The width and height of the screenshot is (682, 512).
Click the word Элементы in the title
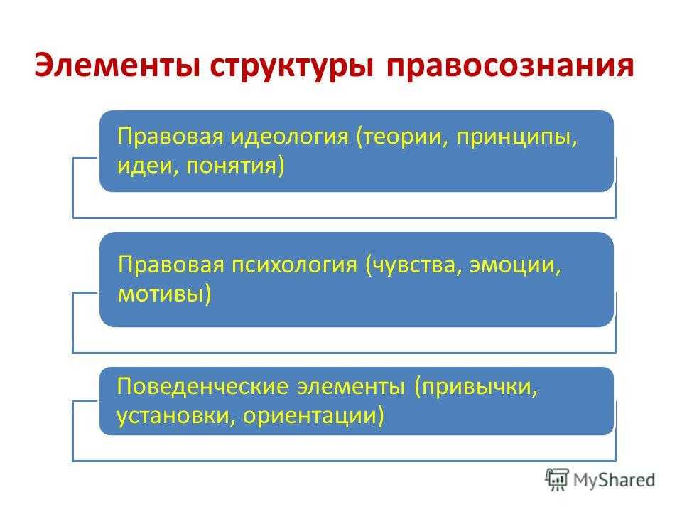[x=117, y=65]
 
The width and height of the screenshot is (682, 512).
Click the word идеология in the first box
[x=289, y=137]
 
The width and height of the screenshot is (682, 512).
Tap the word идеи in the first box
[x=148, y=166]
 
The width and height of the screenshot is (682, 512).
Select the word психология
[x=294, y=265]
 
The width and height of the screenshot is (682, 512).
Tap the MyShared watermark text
[x=614, y=480]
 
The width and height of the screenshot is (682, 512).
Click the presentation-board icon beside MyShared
[x=557, y=479]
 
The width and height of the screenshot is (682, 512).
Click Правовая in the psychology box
[x=170, y=265]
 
